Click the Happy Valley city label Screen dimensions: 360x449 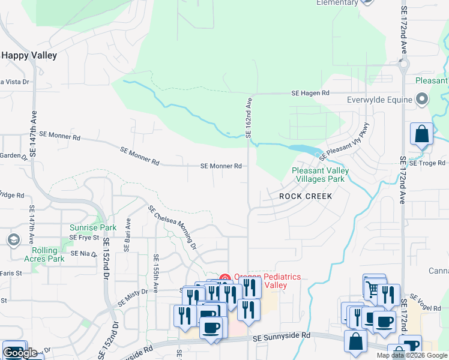click(x=29, y=55)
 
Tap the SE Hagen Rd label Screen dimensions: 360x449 click(x=310, y=94)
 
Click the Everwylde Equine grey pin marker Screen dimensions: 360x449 click(x=422, y=99)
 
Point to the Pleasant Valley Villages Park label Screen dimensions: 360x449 click(x=320, y=175)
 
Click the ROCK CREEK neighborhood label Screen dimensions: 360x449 click(x=306, y=196)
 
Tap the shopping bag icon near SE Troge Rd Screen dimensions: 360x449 click(x=422, y=134)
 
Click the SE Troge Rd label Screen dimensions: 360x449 click(x=427, y=163)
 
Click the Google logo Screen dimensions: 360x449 click(x=20, y=353)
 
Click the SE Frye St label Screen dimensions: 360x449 click(x=79, y=238)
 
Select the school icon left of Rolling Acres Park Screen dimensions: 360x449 click(x=13, y=240)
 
